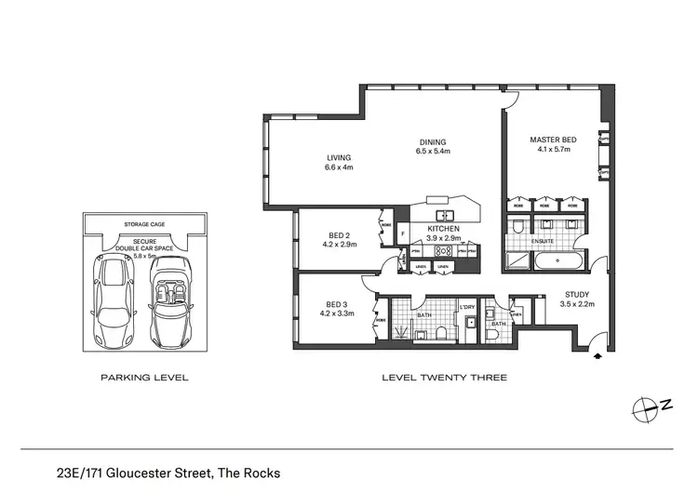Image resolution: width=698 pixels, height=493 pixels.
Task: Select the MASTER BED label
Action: click(553, 140)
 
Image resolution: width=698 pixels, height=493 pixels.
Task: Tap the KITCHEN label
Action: click(445, 228)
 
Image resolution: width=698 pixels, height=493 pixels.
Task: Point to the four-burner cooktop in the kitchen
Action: click(448, 250)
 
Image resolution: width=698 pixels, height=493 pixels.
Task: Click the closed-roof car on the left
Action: click(113, 297)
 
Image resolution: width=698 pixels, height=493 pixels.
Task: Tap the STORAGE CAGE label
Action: click(143, 224)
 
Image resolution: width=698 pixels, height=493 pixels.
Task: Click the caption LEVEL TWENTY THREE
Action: click(445, 379)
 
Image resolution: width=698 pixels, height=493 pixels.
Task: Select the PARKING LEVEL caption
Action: click(144, 379)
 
